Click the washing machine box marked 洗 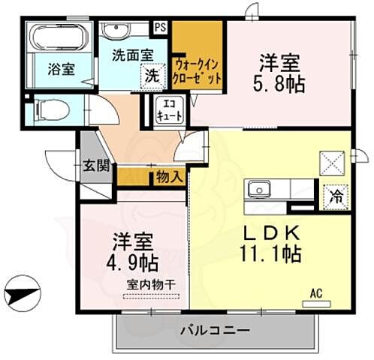click(152, 75)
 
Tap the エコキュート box click(165, 109)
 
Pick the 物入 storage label click(169, 178)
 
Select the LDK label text click(270, 233)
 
